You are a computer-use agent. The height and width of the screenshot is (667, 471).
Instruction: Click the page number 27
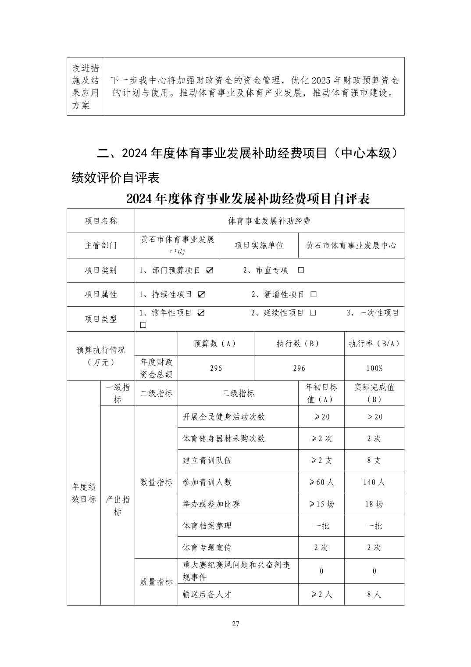click(235, 624)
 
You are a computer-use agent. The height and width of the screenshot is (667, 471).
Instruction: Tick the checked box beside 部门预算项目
click(210, 270)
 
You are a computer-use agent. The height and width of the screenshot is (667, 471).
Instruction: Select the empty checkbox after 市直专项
click(301, 270)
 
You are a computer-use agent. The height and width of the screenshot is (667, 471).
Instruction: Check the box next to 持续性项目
click(201, 294)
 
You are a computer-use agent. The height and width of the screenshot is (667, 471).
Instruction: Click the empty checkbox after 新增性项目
click(314, 294)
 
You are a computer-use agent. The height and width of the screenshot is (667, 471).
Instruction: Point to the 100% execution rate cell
click(374, 368)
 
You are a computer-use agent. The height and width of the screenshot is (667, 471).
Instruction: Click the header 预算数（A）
click(216, 344)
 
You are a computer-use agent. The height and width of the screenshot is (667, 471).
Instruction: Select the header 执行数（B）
click(299, 344)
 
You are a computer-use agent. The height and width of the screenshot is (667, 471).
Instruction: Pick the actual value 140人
click(374, 482)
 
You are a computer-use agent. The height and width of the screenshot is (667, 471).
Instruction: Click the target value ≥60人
click(321, 482)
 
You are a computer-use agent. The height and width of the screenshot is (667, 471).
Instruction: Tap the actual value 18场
click(374, 504)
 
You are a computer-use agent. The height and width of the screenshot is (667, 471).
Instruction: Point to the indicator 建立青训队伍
click(207, 460)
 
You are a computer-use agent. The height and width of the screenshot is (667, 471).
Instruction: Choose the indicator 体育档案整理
click(207, 526)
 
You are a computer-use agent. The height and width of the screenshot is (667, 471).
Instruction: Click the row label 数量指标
click(156, 482)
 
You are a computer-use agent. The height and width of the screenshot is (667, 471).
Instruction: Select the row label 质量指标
click(156, 582)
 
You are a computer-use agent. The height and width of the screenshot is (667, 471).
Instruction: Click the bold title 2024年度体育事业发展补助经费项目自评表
click(248, 199)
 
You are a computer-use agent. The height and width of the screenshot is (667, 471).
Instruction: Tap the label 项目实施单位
click(259, 246)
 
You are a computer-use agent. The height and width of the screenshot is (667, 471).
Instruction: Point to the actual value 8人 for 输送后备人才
click(374, 595)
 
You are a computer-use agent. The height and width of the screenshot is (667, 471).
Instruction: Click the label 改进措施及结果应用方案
click(86, 86)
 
